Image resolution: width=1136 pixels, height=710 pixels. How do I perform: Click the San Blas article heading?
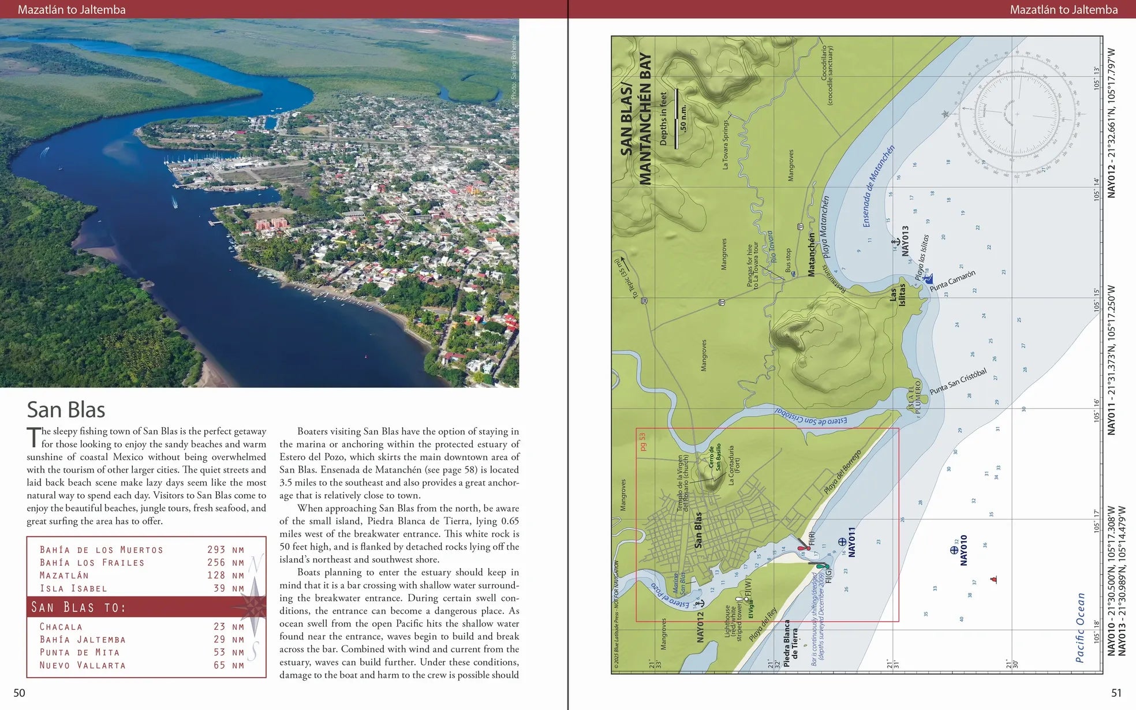tap(66, 410)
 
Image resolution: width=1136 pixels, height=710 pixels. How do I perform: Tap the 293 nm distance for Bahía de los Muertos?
tap(226, 550)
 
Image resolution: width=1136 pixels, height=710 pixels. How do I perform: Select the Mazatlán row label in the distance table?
tap(64, 576)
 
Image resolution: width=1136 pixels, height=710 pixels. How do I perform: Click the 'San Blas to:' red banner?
tap(79, 607)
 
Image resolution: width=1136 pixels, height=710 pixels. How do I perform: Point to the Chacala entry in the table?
tap(61, 627)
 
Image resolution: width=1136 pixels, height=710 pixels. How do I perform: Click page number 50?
tap(19, 693)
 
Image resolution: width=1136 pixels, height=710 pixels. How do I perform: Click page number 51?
tap(1116, 693)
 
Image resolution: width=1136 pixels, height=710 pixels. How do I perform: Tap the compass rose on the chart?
tap(1017, 114)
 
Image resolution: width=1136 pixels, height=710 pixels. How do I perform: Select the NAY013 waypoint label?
tap(905, 241)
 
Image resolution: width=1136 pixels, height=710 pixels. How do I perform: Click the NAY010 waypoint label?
tap(963, 550)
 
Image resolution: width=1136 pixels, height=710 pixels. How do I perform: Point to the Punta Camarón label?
tap(952, 281)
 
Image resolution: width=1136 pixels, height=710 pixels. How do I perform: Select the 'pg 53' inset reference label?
tap(643, 442)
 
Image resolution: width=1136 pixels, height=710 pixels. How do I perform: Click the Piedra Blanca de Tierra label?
tap(790, 640)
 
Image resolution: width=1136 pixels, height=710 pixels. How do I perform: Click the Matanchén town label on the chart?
tap(811, 255)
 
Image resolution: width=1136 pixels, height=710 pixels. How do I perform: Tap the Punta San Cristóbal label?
tap(958, 382)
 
